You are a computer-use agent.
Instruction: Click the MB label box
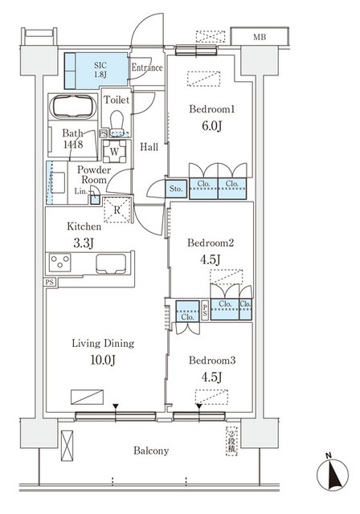(x=259, y=36)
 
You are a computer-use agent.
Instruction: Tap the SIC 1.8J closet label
(x=100, y=68)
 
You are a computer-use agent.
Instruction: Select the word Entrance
(x=147, y=68)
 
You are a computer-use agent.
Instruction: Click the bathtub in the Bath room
(x=75, y=108)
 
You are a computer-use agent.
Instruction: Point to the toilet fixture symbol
(x=118, y=121)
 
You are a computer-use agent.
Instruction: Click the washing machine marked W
(x=115, y=151)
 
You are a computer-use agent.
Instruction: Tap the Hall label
(x=149, y=148)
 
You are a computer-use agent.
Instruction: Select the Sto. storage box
(x=176, y=190)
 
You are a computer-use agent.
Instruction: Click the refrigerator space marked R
(x=118, y=210)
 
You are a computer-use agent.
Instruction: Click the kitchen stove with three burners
(x=61, y=263)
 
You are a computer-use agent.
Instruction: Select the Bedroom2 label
(x=210, y=242)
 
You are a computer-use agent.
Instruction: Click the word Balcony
(x=150, y=451)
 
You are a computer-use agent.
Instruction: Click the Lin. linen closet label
(x=81, y=191)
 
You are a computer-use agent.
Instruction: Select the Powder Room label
(x=93, y=175)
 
